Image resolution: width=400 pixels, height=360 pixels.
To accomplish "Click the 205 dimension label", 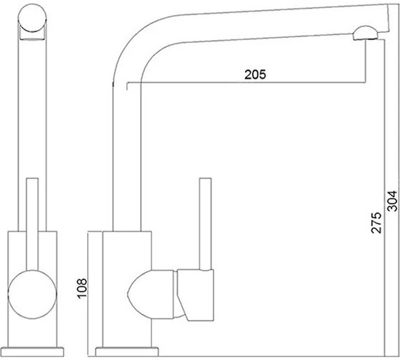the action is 255,74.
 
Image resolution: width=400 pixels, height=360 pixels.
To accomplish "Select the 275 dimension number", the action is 376,222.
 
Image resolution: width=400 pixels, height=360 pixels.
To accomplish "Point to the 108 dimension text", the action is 82,289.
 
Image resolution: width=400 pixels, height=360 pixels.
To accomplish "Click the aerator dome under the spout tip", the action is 365,33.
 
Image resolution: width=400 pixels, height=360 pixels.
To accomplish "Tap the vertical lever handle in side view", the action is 205,224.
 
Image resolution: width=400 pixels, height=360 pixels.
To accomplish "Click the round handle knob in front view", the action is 32,294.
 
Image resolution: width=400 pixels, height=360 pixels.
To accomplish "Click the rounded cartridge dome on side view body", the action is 151,294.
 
